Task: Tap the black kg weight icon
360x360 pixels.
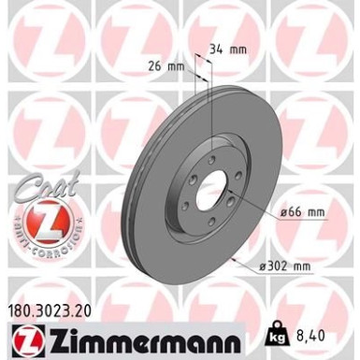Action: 278,332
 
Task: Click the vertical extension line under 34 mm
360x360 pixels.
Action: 211,112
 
